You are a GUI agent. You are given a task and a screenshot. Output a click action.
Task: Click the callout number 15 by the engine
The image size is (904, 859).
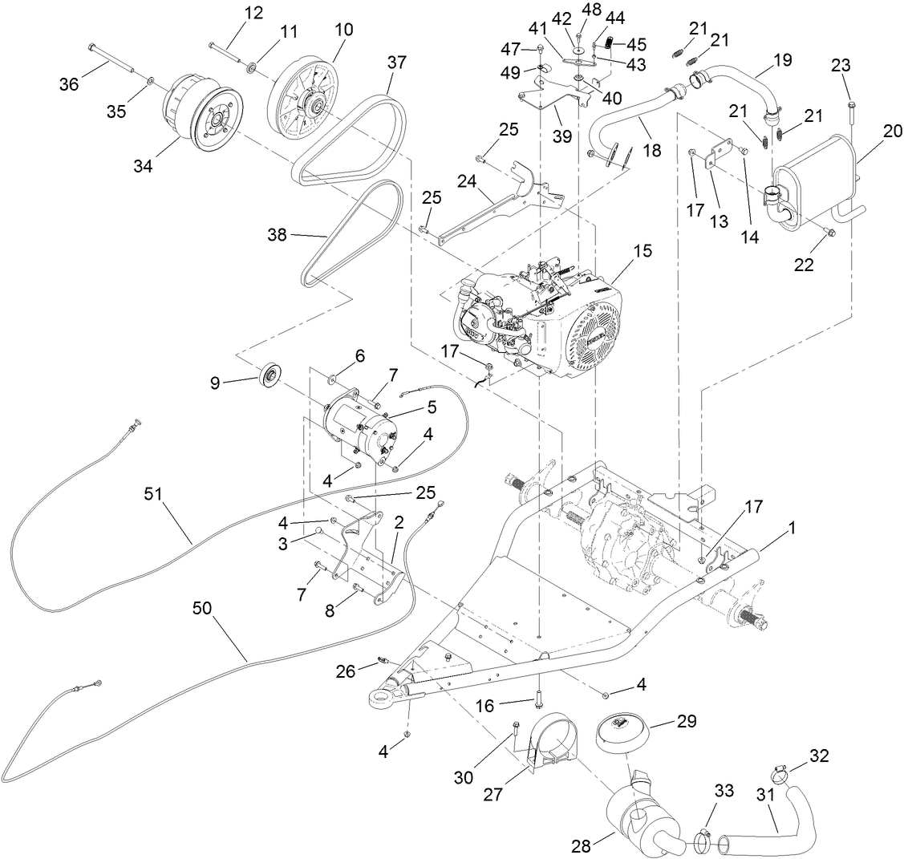pyautogui.click(x=642, y=251)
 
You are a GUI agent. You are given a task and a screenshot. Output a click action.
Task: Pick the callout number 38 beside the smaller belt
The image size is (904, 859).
pyautogui.click(x=278, y=236)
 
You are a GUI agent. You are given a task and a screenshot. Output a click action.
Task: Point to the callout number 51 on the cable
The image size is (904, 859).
pyautogui.click(x=153, y=493)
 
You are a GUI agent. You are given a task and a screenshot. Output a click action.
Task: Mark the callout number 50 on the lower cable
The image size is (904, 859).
pyautogui.click(x=203, y=608)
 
